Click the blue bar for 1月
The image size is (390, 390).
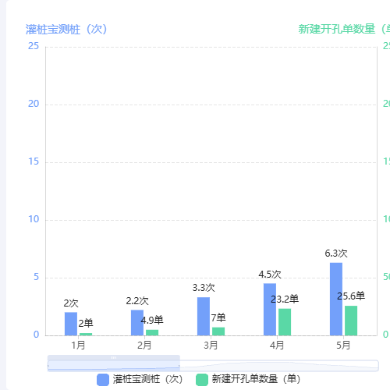[x=71, y=324]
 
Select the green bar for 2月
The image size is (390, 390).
[x=152, y=332]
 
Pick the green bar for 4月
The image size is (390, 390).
[x=285, y=321]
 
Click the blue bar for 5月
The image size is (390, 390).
[x=336, y=299]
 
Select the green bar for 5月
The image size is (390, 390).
[x=351, y=320]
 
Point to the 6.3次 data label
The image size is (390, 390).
[x=336, y=253]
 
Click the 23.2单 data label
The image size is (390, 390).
[x=285, y=299]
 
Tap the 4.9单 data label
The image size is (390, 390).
[x=152, y=320]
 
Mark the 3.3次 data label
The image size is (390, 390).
[x=204, y=288]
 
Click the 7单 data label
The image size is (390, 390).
[x=218, y=317]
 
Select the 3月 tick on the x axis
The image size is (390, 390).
[x=211, y=344]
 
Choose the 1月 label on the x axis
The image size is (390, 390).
[x=78, y=344]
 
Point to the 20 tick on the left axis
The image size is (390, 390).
[x=33, y=104]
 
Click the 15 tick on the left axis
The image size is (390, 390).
[x=33, y=161]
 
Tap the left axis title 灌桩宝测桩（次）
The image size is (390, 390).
[x=66, y=29]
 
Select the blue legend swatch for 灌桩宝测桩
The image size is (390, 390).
[x=104, y=379]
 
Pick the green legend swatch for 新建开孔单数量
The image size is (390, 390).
[x=202, y=379]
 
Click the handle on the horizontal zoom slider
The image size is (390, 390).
[x=113, y=357]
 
